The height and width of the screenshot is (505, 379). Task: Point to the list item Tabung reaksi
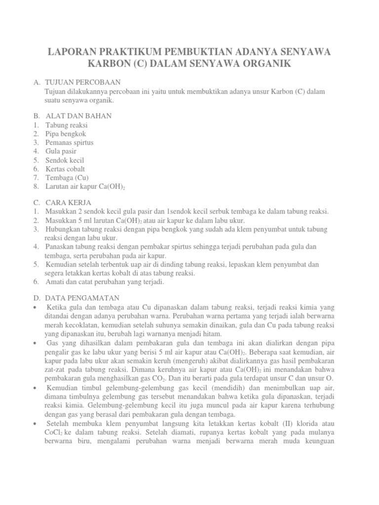(67, 125)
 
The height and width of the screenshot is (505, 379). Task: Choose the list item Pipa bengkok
(66, 134)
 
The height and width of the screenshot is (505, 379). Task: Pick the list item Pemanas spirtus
(70, 143)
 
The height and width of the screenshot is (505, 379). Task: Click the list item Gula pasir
(62, 151)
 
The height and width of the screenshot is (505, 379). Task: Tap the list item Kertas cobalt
(66, 169)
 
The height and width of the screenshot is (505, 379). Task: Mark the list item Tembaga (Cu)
(67, 178)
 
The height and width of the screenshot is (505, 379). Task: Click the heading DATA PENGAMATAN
(82, 298)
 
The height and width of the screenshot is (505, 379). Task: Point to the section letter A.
(36, 81)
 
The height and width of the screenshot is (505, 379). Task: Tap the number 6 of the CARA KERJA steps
(36, 282)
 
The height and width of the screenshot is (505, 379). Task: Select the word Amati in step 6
(55, 282)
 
